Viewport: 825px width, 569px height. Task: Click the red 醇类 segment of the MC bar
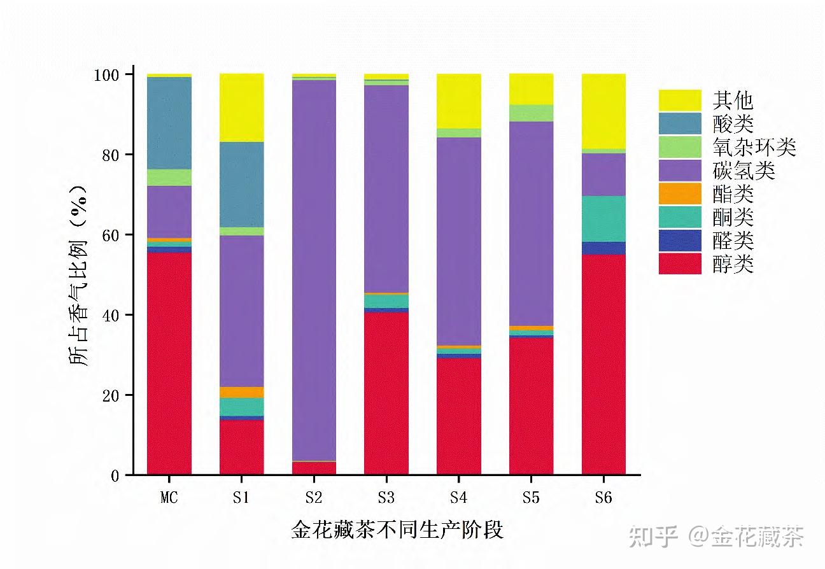point(169,363)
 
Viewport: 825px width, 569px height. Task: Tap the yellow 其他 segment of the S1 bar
point(241,108)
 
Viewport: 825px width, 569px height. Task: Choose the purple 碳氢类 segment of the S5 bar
point(531,223)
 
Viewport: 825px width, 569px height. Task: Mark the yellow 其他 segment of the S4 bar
point(458,101)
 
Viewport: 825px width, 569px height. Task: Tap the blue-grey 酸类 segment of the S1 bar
point(241,184)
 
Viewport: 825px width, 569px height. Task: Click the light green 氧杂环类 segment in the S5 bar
point(531,113)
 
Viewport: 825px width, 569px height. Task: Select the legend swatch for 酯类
point(680,193)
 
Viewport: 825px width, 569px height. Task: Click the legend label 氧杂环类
point(754,147)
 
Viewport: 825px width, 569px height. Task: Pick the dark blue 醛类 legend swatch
point(680,241)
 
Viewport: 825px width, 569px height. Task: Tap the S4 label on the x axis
point(458,498)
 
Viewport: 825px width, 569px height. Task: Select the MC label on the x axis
point(169,498)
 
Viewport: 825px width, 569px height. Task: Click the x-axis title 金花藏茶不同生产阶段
point(397,530)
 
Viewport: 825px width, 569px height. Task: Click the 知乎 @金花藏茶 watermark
point(716,537)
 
